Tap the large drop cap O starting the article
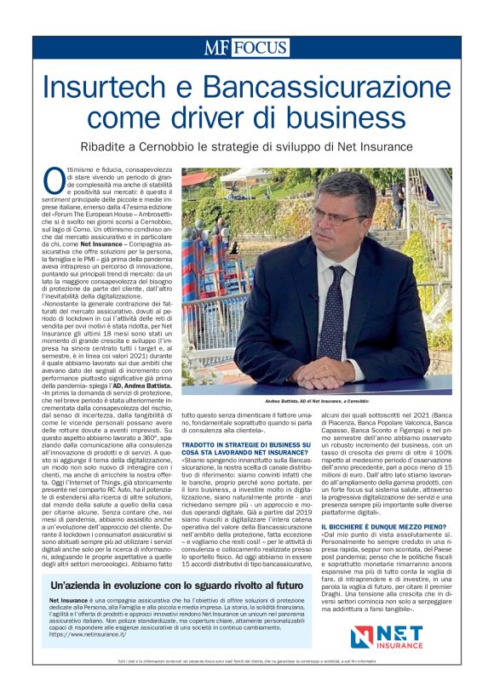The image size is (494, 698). point(54,180)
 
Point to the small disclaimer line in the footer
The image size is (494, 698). point(247,661)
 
